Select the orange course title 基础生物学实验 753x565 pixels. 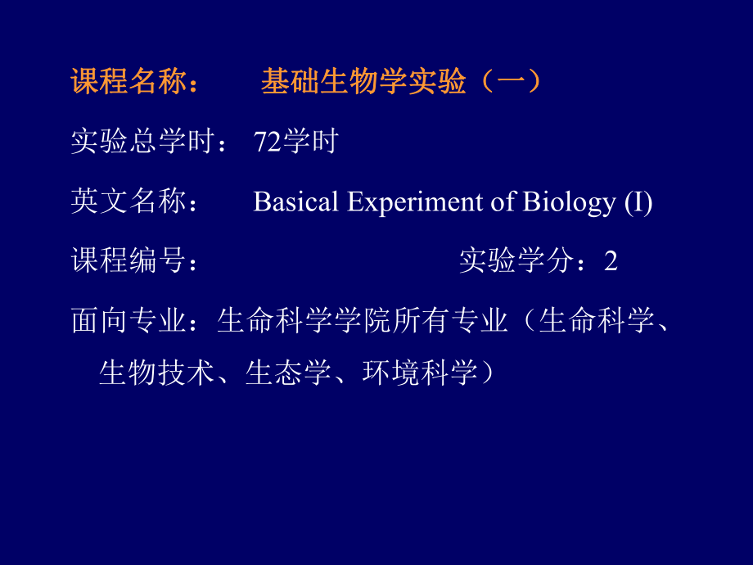click(x=363, y=83)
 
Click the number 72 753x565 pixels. click(x=268, y=142)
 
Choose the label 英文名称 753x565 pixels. click(x=129, y=201)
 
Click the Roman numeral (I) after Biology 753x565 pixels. click(x=638, y=201)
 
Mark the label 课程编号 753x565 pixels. click(x=129, y=260)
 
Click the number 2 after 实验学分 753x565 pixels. click(x=611, y=261)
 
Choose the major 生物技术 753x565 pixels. click(x=156, y=373)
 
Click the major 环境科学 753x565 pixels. click(x=419, y=373)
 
